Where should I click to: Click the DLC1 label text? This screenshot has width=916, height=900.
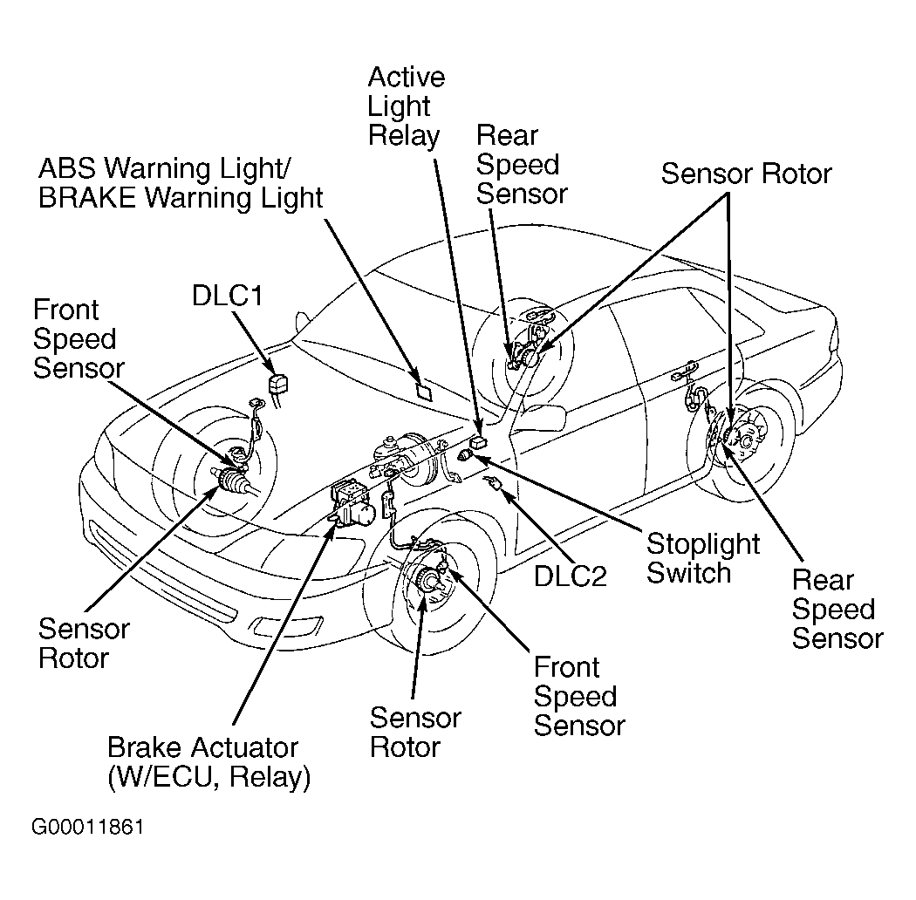[227, 297]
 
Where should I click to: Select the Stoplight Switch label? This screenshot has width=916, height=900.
[703, 558]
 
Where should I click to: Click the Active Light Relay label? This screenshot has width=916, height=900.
[406, 106]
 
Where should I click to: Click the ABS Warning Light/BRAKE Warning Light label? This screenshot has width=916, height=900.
[180, 182]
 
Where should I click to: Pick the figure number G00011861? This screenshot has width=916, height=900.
[88, 827]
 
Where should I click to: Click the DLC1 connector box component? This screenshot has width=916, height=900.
[278, 385]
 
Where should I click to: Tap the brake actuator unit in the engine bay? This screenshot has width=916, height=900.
[352, 504]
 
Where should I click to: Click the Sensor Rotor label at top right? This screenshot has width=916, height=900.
[746, 174]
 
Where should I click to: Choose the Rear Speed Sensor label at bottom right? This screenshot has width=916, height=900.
[837, 609]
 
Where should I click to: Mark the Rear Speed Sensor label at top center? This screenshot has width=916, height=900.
[521, 164]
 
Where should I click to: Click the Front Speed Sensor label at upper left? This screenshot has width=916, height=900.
[78, 338]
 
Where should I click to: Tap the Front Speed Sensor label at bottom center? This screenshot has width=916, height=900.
[578, 697]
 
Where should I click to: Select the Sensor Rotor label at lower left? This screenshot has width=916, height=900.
[84, 643]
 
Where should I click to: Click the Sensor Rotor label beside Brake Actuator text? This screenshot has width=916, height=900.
[414, 733]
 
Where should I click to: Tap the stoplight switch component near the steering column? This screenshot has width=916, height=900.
[469, 454]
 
